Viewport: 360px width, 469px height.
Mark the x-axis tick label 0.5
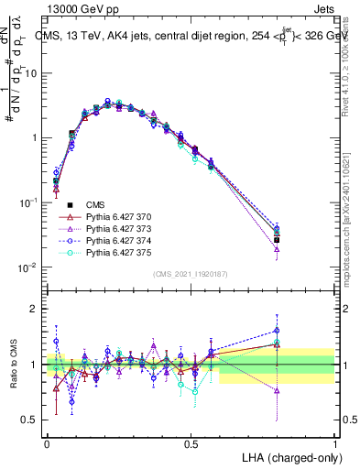(191, 442)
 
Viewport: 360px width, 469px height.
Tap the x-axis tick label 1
(334, 442)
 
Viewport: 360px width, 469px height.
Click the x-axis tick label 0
(47, 442)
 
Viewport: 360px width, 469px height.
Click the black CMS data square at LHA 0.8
(277, 240)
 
